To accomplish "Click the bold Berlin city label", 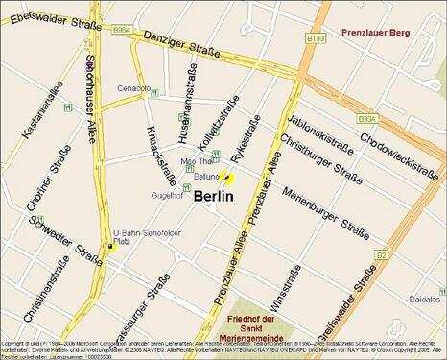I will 214,196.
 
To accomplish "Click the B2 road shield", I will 381,254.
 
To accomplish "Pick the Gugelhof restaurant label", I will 167,195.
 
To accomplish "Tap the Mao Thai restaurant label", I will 196,162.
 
